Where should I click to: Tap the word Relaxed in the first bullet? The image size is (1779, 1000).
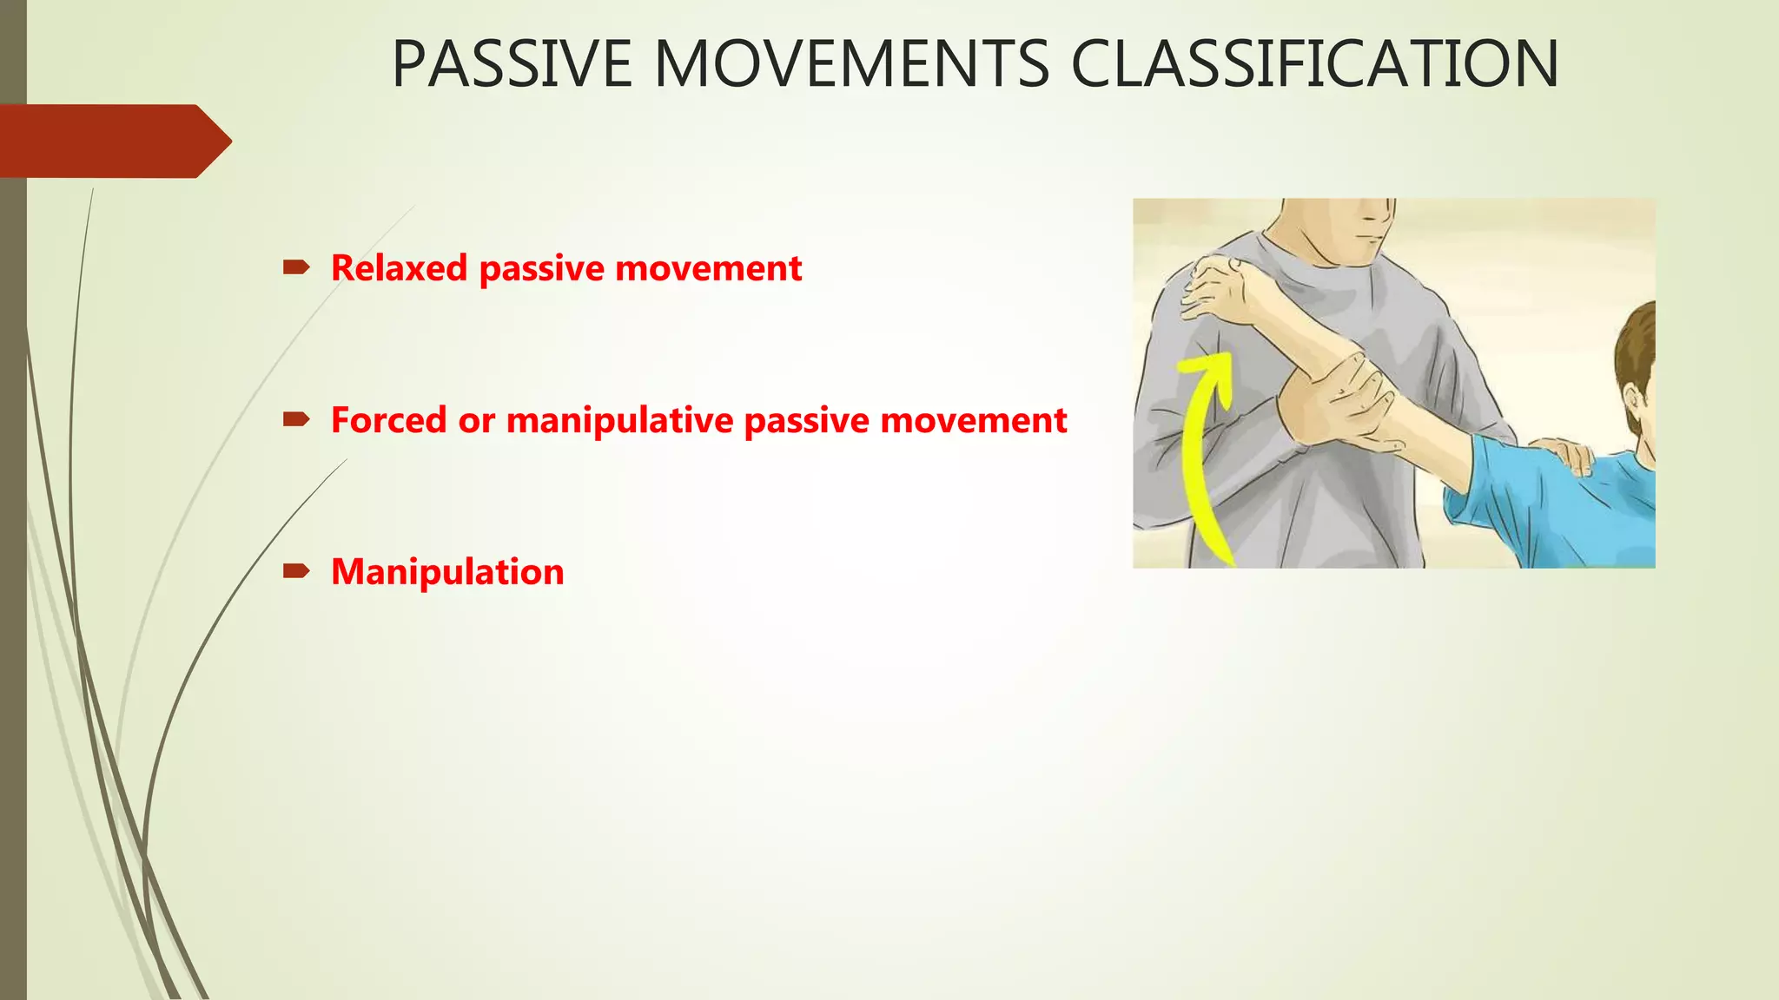[400, 268]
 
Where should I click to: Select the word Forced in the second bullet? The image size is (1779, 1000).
[388, 420]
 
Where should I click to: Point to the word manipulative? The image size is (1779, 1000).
[620, 420]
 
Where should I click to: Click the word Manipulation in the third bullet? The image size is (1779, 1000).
[447, 572]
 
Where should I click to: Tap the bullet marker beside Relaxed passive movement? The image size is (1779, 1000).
[295, 267]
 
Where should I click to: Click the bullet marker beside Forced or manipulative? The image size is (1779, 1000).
[295, 420]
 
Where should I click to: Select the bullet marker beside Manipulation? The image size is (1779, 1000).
[295, 571]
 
